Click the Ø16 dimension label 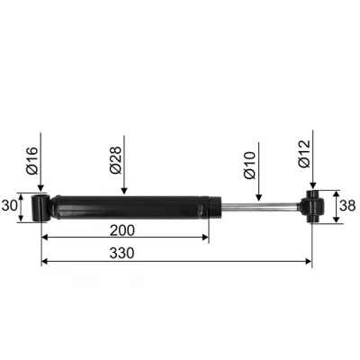tap(32, 160)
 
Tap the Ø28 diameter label tap(116, 160)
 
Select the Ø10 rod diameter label tap(249, 166)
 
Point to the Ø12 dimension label tap(304, 154)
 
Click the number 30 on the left tap(9, 206)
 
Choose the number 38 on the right tap(347, 206)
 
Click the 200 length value tap(122, 230)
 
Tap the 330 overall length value tap(121, 254)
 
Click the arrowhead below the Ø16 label tap(40, 188)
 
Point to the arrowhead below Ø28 tap(124, 191)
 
